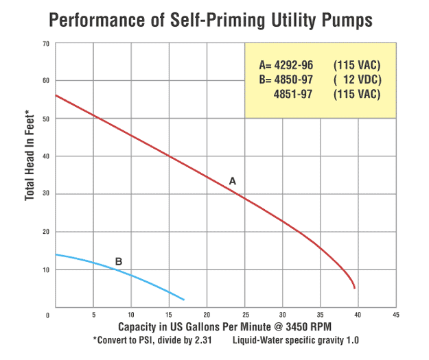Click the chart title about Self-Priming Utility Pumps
coord(211,20)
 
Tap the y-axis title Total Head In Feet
coord(30,155)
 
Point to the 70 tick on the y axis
coord(46,43)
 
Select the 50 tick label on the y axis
coord(46,119)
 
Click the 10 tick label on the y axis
coord(46,269)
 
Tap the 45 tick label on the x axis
coord(395,315)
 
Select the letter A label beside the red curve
coord(232,181)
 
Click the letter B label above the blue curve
coord(119,261)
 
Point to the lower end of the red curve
coord(354,288)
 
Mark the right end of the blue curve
coord(184,300)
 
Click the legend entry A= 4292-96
coord(286,65)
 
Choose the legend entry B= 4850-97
coord(286,80)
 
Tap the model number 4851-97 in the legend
coord(292,94)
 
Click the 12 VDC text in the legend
coord(356,80)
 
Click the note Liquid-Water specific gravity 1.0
coord(296,340)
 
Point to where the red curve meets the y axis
coord(55,95)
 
